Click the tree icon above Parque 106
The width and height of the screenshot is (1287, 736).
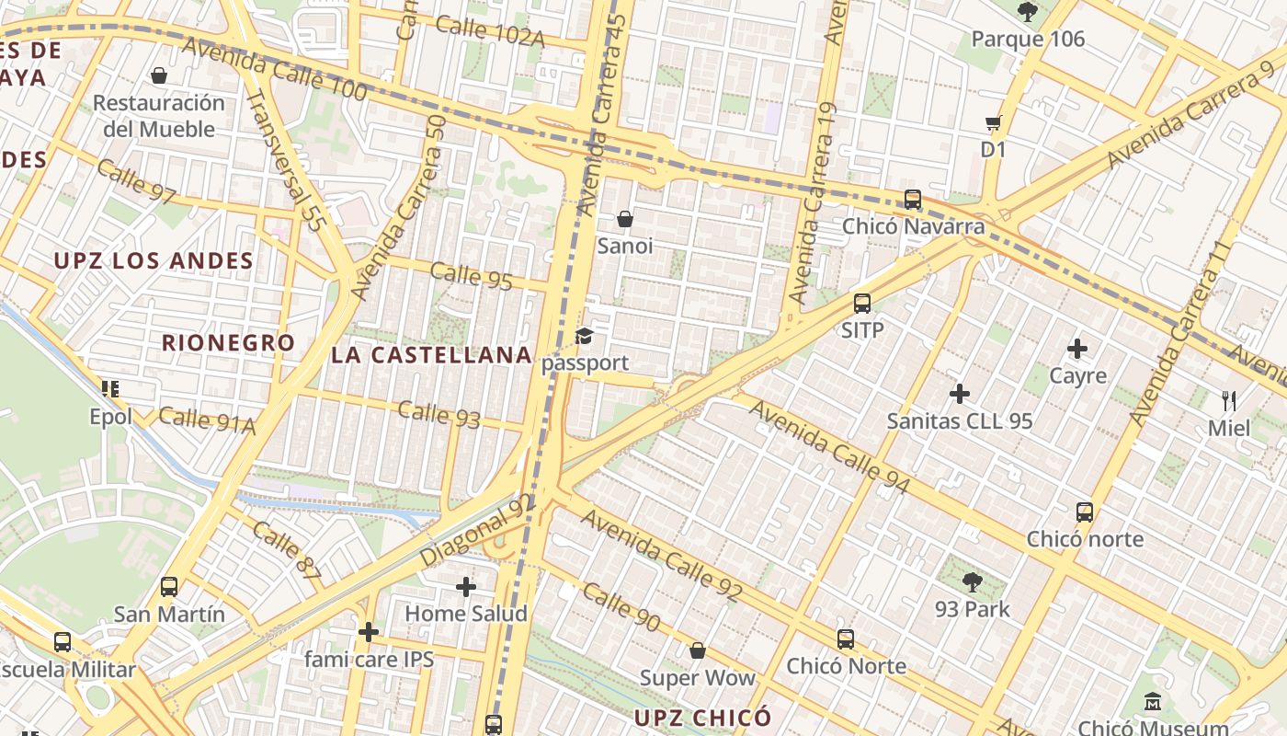point(1027,12)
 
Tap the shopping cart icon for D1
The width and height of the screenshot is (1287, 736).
point(993,123)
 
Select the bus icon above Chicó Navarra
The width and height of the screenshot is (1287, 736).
point(913,199)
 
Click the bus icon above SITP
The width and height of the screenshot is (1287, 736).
point(862,303)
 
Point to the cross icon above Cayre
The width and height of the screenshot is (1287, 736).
point(1077,349)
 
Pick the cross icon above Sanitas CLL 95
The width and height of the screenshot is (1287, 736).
point(960,394)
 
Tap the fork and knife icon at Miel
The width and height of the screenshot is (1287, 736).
point(1229,400)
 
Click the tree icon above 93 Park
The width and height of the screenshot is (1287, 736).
point(972,581)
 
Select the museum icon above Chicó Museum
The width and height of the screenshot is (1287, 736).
point(1153,703)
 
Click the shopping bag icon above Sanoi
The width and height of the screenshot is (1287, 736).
point(625,219)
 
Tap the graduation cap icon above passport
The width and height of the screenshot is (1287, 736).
point(585,336)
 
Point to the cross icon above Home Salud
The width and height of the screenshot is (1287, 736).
point(466,586)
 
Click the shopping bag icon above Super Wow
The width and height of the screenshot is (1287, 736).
point(698,651)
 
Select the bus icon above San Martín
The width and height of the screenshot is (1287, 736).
point(169,586)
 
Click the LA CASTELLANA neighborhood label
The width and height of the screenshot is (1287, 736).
point(431,355)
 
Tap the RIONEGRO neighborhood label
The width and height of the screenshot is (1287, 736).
point(229,343)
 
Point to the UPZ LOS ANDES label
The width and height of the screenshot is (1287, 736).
point(154,261)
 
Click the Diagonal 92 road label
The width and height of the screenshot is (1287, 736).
point(476,530)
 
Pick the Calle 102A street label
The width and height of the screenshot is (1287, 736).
point(490,31)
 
